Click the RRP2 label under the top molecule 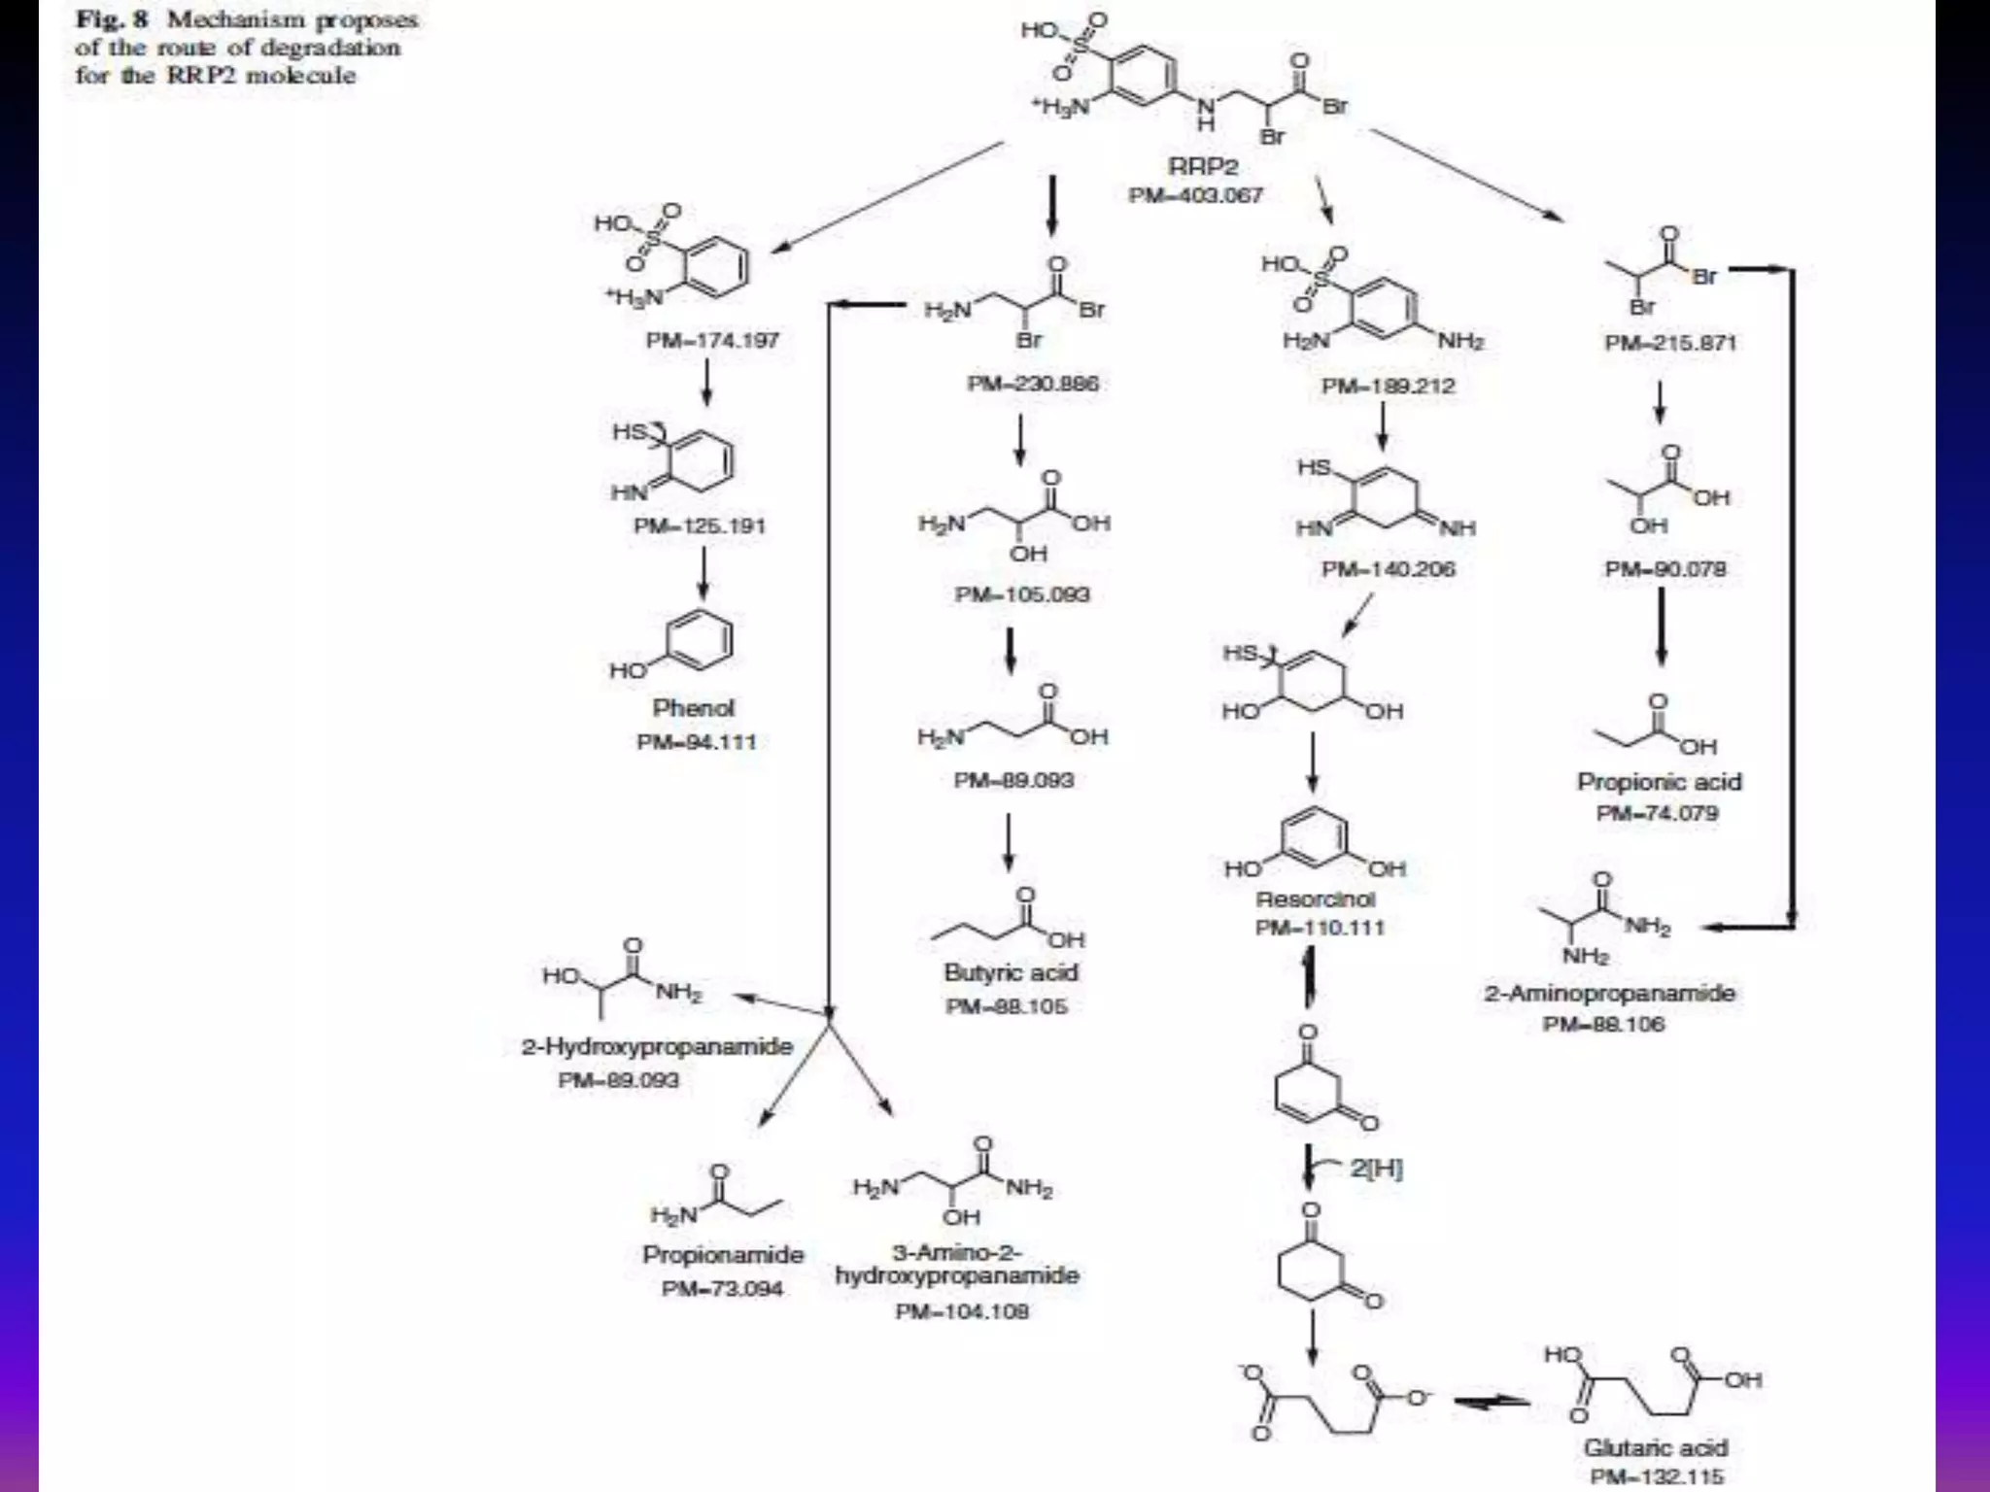pos(1202,167)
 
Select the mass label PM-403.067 pos(1195,196)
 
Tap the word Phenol pos(693,708)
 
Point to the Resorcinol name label pos(1315,899)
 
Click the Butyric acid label pos(1011,973)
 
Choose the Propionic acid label pos(1659,782)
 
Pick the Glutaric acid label pos(1656,1447)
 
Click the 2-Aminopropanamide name pos(1609,994)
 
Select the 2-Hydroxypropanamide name pos(657,1047)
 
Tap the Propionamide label pos(723,1255)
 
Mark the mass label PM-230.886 pos(1032,384)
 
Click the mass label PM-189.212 pos(1388,387)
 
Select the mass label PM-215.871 pos(1670,343)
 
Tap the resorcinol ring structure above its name pos(1316,838)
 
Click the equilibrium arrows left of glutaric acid pos(1491,1401)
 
